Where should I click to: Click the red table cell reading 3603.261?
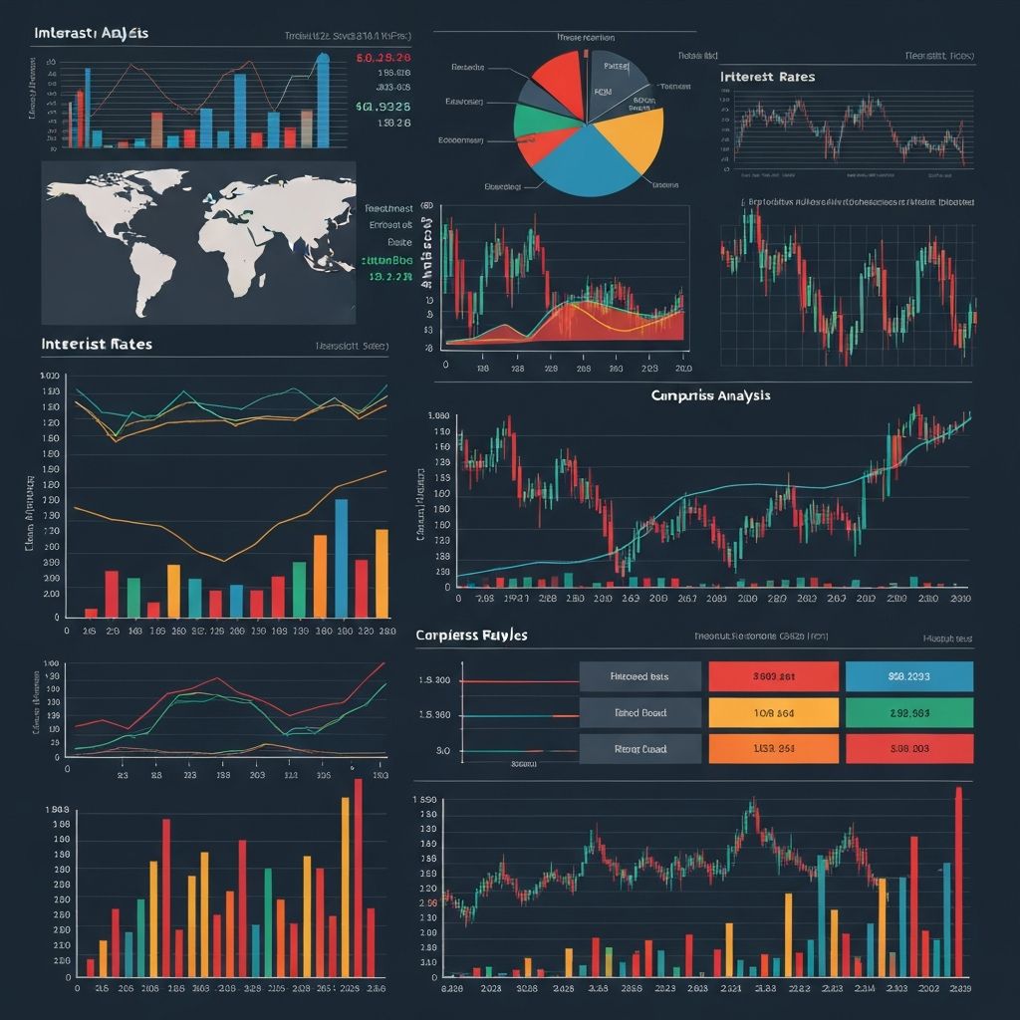click(x=772, y=676)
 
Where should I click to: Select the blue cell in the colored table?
click(x=908, y=676)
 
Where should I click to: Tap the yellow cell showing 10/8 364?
click(x=772, y=712)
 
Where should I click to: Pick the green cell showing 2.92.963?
click(x=908, y=712)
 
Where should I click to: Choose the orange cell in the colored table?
click(x=772, y=748)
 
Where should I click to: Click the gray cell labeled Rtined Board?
click(x=639, y=712)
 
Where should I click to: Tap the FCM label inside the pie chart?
click(x=603, y=90)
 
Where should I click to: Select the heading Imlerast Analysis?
click(x=91, y=33)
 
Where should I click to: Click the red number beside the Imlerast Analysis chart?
click(x=382, y=58)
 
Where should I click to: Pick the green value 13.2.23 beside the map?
click(x=389, y=278)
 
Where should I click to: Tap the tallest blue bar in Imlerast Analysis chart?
click(x=322, y=100)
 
